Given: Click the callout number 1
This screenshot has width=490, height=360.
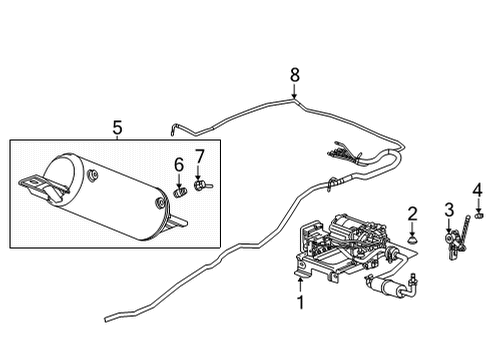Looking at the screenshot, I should click(297, 301).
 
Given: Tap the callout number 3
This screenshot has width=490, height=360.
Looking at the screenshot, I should click(449, 208).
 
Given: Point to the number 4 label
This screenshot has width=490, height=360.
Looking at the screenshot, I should click(477, 189).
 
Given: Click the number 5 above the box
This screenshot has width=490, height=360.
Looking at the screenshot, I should click(117, 127).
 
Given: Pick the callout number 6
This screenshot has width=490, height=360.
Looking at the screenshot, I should click(180, 164).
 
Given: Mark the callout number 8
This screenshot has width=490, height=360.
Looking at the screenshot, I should click(294, 73).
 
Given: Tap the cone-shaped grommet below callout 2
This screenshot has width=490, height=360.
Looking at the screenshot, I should click(411, 239).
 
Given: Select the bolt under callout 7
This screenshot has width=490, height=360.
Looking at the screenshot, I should click(203, 186).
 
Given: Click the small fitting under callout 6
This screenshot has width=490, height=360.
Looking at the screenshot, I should click(181, 189).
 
